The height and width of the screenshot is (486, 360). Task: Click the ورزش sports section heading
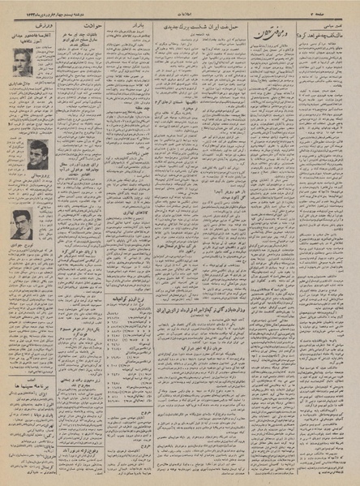pyautogui.click(x=33, y=25)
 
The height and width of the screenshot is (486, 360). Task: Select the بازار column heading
pyautogui.click(x=138, y=25)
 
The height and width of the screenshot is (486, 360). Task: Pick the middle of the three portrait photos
pyautogui.click(x=36, y=153)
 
